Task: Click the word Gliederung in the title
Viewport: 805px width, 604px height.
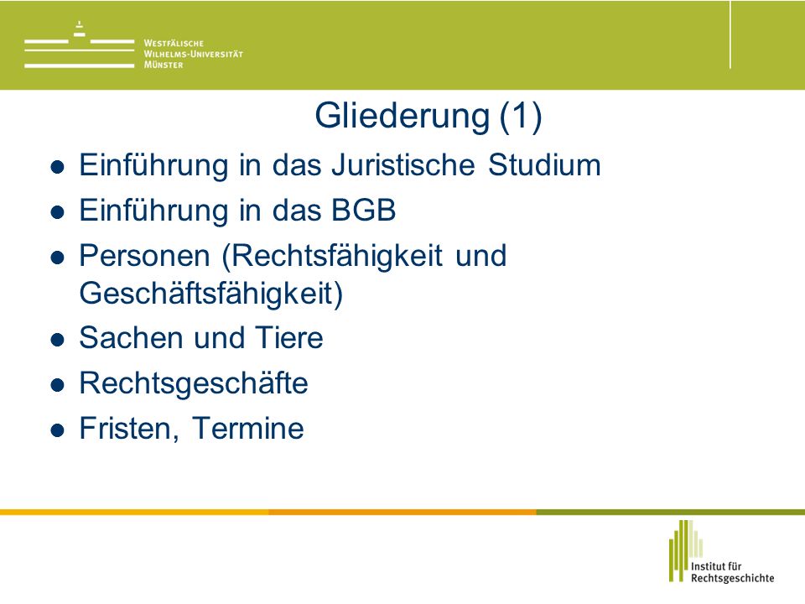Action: click(402, 116)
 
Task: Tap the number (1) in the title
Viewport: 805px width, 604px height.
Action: click(521, 116)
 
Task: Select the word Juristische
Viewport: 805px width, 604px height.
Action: click(403, 165)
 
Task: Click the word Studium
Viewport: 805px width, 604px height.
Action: click(544, 165)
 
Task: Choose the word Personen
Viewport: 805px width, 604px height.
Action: click(145, 255)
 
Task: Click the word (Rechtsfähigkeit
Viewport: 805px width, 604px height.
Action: click(332, 256)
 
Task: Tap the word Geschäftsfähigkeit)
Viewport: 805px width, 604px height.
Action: click(211, 294)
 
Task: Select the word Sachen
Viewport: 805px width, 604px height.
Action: click(131, 337)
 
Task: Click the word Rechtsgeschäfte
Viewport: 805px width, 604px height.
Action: click(194, 383)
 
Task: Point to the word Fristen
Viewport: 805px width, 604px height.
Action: click(129, 429)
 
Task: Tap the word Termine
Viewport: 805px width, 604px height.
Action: click(248, 429)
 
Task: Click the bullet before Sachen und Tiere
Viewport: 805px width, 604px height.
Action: click(58, 340)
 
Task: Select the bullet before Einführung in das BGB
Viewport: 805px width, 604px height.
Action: click(58, 212)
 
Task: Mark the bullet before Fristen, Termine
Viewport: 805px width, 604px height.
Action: click(58, 430)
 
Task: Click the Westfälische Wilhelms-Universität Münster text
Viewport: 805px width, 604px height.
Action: click(193, 54)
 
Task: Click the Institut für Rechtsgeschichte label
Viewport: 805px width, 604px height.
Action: click(732, 572)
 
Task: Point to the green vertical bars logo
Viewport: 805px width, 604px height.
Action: click(685, 550)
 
